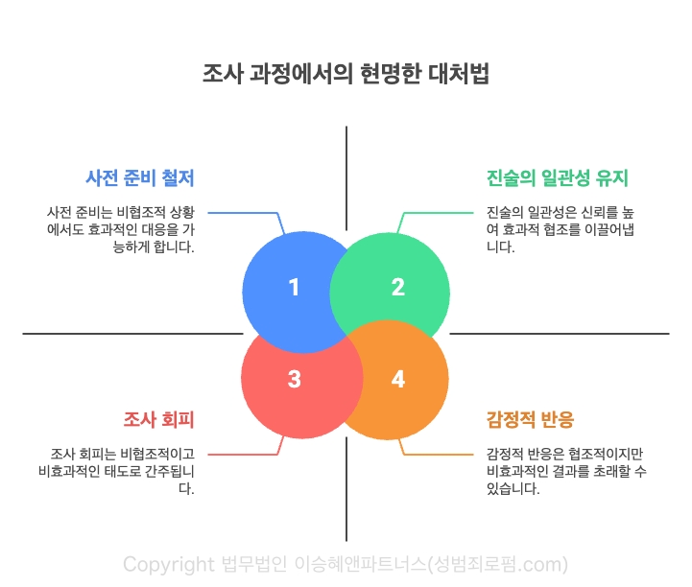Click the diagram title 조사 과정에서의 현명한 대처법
346,75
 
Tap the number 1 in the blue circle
294,287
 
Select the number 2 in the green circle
397,287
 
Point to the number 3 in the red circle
294,379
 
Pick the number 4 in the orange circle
397,379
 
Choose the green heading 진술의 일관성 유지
558,178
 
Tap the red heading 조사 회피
159,419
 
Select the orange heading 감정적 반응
531,419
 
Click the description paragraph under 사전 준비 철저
121,229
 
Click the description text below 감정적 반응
565,471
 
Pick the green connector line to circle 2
441,213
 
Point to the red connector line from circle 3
245,454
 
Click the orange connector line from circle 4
441,454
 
